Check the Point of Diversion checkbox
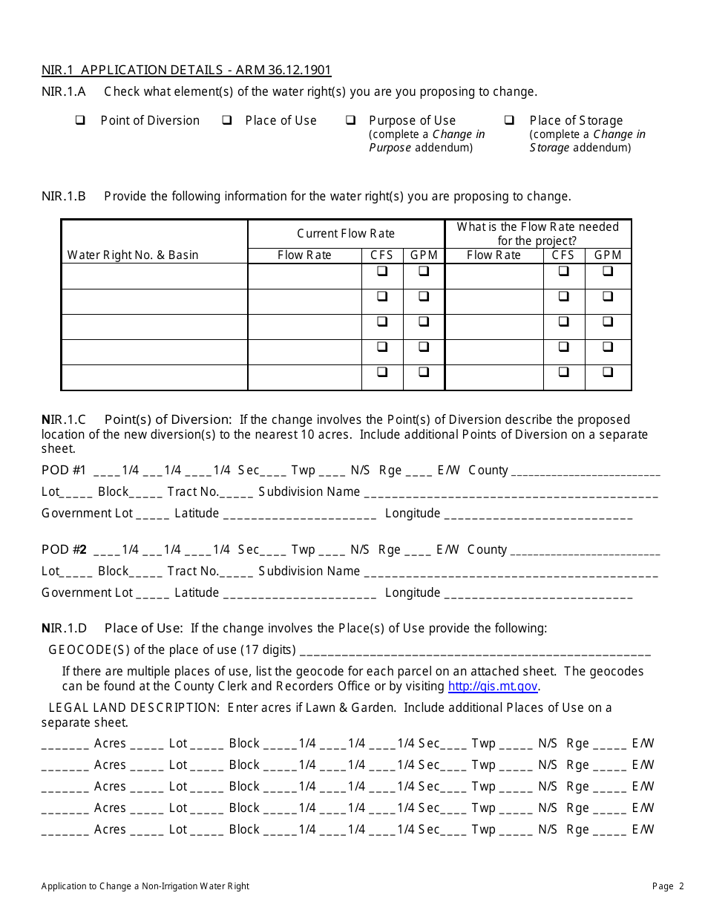(x=79, y=120)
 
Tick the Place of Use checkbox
(x=227, y=120)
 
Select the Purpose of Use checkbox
(x=350, y=120)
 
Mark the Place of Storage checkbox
(x=510, y=120)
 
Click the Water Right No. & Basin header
(x=133, y=255)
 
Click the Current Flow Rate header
(x=346, y=233)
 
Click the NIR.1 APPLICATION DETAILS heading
(x=186, y=71)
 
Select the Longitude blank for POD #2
(x=538, y=595)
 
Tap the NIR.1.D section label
(x=65, y=628)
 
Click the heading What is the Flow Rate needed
(x=537, y=227)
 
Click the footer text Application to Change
(x=145, y=886)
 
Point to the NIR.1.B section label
(x=64, y=197)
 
